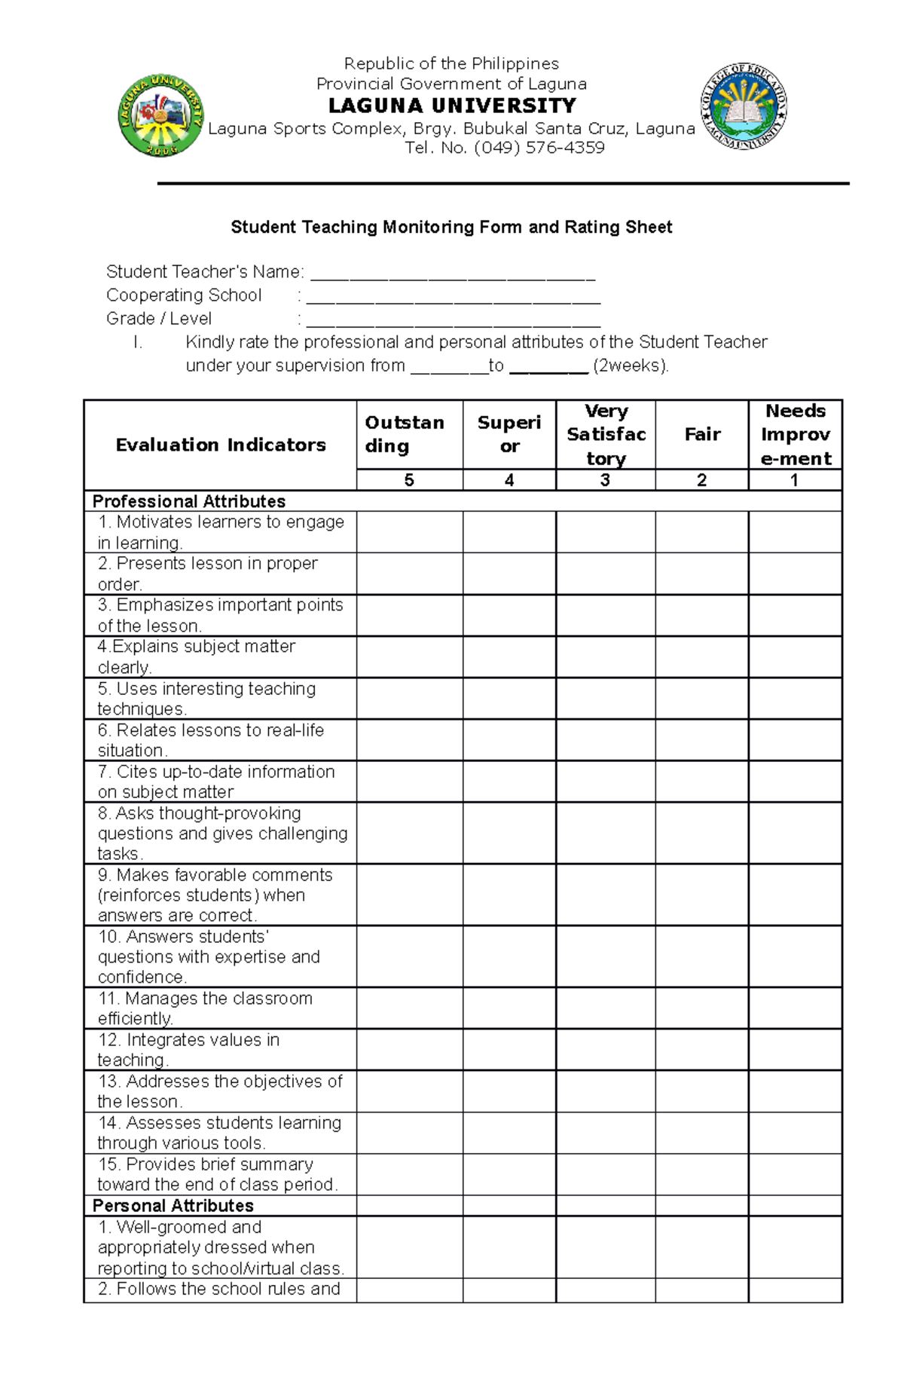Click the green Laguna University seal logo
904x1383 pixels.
point(161,115)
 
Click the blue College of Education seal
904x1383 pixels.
point(744,106)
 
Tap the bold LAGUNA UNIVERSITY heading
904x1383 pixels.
point(452,106)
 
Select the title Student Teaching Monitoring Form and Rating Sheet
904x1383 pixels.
point(451,227)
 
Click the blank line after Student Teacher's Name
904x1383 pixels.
point(453,273)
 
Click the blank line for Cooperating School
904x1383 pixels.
point(453,296)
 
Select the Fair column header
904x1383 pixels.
point(701,434)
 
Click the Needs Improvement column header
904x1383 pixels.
point(796,434)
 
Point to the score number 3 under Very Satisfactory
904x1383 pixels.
point(605,480)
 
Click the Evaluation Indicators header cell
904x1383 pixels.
point(220,445)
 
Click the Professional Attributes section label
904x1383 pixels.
point(188,501)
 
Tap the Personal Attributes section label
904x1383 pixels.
point(173,1205)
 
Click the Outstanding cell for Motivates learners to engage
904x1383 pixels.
point(409,532)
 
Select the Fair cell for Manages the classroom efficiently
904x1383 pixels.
point(701,1008)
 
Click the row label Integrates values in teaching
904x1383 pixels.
point(188,1049)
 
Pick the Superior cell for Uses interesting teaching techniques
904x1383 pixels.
point(509,698)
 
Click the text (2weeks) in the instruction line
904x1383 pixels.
point(631,366)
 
